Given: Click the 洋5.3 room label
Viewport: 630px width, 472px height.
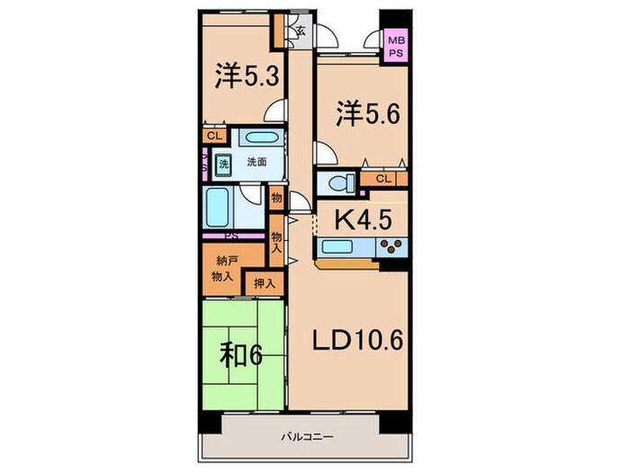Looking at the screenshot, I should coord(244,76).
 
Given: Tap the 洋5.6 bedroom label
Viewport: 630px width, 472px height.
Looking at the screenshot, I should coord(367,113).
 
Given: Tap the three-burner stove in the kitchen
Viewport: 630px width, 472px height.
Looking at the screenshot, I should coord(391,247).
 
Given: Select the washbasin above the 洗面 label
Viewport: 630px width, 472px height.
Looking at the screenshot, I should coord(260,140).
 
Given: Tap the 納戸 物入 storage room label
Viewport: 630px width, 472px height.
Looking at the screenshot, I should coord(225,269).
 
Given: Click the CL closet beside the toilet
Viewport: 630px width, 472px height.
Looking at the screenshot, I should coord(383,179).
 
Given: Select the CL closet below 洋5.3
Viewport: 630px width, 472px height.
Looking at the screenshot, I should coord(213,136).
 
